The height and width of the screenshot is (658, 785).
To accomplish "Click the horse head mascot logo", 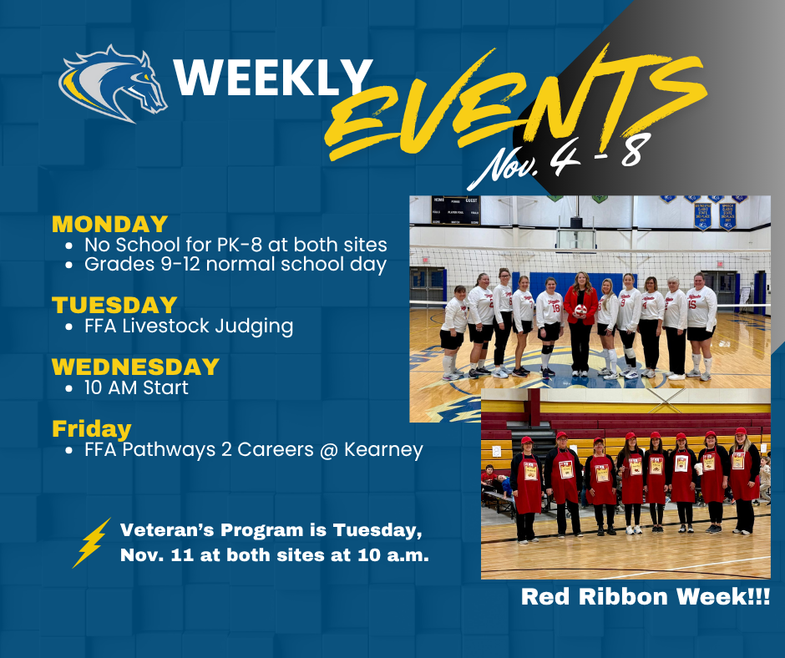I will point(114,84).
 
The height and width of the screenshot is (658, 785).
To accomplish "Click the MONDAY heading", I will point(109,224).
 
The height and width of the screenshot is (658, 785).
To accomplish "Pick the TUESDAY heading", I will point(114,305).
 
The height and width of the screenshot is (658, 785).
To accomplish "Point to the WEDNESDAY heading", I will point(135,367).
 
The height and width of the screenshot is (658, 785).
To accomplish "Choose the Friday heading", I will point(92,428).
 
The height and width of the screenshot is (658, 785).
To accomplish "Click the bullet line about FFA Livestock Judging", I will point(188,326).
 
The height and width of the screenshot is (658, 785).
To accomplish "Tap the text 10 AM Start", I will point(136,387).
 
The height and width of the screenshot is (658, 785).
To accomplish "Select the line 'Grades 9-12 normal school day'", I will point(235,265).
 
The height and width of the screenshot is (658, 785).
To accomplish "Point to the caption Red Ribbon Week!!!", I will point(645,596).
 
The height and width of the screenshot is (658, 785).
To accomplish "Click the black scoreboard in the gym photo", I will point(455,210).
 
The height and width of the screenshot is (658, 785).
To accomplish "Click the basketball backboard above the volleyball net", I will point(576,235).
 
